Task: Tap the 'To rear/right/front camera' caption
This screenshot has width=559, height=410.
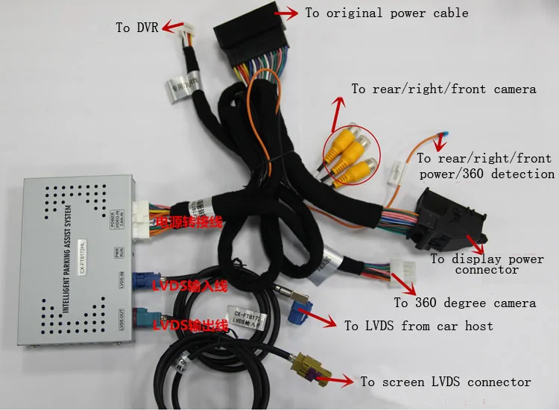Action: (443, 89)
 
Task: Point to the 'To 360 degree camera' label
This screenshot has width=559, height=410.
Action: (464, 303)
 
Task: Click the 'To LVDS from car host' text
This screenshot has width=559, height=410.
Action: (418, 326)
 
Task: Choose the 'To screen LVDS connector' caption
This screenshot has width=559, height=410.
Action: (446, 382)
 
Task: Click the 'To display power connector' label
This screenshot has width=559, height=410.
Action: (487, 264)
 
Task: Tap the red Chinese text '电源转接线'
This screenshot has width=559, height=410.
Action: (187, 223)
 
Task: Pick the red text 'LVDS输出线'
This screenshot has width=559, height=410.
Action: (187, 325)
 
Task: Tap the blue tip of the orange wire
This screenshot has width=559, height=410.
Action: (443, 136)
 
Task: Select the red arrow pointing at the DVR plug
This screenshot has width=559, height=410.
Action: (173, 27)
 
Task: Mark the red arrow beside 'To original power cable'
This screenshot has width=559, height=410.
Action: (285, 13)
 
